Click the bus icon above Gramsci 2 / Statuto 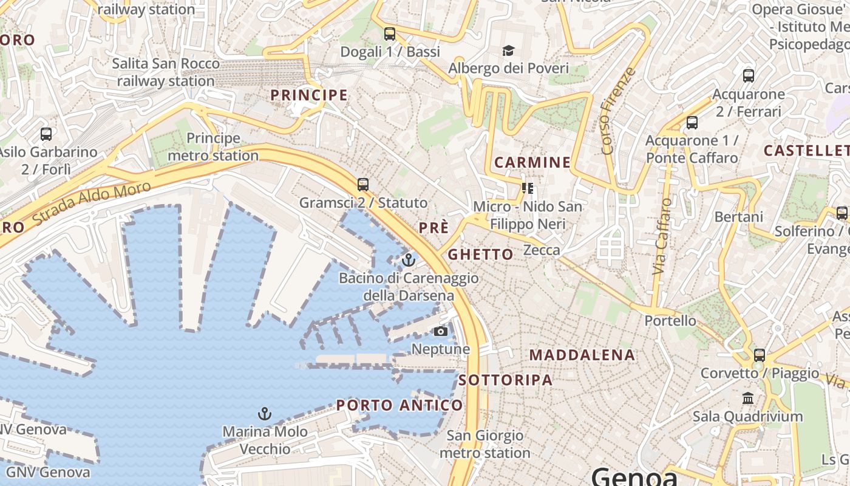point(363,184)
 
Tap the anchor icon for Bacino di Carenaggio point(409,261)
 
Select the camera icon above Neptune point(441,331)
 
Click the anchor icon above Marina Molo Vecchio point(265,414)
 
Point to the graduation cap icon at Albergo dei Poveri point(508,50)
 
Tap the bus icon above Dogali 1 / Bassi point(390,34)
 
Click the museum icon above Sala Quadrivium point(748,399)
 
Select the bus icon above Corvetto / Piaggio point(759,355)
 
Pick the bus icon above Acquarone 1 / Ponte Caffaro point(692,123)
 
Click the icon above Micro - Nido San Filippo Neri point(527,188)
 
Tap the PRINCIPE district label point(309,95)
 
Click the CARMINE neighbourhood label point(532,162)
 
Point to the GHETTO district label point(480,255)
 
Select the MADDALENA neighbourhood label point(582,355)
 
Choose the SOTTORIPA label point(506,380)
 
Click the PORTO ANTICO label point(399,405)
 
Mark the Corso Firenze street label point(616,111)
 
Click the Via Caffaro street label point(662,236)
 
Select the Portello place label point(670,320)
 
